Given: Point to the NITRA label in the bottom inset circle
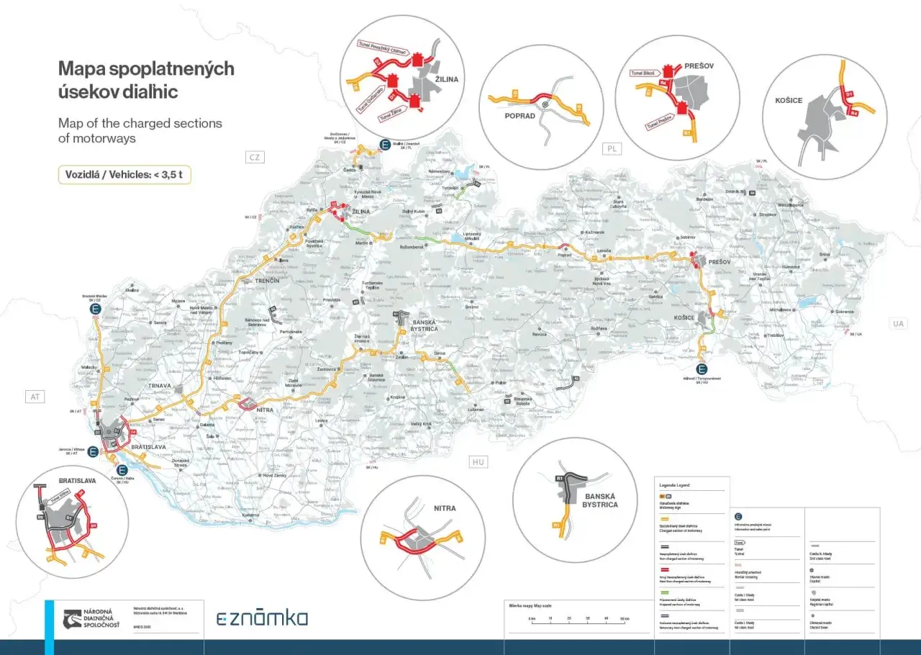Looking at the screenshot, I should point(445,508).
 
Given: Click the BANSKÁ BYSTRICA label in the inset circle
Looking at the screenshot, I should point(601,500).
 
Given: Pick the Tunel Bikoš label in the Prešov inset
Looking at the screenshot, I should point(644,73).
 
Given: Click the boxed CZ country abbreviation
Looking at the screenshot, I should point(254,157).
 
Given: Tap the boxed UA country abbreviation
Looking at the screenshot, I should point(898,324).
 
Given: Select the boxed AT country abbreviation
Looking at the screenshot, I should point(35,397).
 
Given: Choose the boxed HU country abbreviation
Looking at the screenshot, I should point(477,461).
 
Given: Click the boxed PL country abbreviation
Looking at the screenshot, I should point(612,148).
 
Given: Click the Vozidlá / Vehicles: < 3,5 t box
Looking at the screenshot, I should point(124,175).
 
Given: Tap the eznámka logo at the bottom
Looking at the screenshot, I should point(262,618).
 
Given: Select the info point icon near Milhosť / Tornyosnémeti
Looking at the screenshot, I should point(702,369).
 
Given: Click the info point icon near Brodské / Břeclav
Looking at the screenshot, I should point(95,309).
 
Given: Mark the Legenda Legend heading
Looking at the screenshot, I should point(673,485).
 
